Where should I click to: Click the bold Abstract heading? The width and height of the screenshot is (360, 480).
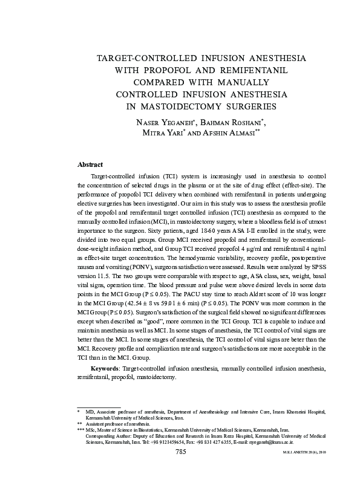coord(90,164)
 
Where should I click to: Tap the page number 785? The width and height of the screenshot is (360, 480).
coord(180,452)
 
